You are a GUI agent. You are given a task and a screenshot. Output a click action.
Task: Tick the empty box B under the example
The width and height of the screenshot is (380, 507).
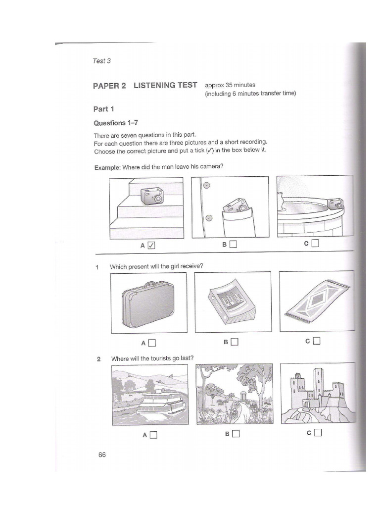[234, 244]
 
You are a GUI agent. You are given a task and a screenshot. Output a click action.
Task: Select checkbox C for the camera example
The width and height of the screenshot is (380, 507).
[316, 243]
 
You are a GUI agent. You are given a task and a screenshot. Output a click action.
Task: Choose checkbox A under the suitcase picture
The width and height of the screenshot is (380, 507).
[152, 342]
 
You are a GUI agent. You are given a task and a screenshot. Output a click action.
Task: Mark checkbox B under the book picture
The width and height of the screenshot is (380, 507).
[234, 341]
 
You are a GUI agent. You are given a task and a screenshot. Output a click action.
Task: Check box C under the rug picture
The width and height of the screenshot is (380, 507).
[317, 340]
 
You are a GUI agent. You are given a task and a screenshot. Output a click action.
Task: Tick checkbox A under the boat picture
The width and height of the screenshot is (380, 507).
[153, 435]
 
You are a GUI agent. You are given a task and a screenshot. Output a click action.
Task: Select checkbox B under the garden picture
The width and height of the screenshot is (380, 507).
[235, 434]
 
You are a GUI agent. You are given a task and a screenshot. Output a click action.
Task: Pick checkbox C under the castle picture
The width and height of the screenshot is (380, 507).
[317, 432]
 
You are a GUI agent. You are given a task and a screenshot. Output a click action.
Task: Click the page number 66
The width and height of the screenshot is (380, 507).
[102, 455]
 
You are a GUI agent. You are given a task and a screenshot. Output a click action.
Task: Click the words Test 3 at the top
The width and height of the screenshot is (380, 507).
[102, 61]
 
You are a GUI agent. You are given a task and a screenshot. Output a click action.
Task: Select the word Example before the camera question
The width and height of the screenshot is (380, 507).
[107, 167]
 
